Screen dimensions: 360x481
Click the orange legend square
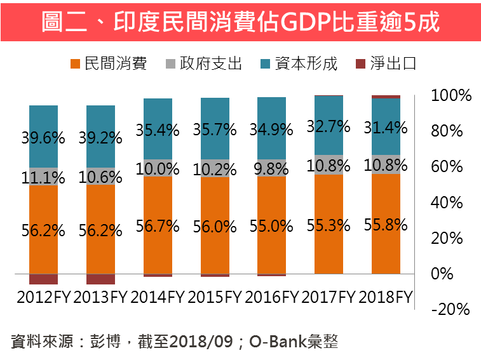point(76,63)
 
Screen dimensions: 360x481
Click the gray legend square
point(170,63)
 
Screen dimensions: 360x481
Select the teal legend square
point(265,63)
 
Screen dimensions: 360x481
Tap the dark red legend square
point(360,63)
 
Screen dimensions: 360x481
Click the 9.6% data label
point(44,137)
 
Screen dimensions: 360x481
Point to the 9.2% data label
point(101,137)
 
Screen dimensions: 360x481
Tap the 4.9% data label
point(272,130)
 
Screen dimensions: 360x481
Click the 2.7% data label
point(329,126)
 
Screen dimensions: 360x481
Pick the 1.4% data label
point(386,128)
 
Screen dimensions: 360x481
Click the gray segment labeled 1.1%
point(44,177)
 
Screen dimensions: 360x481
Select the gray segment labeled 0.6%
point(101,177)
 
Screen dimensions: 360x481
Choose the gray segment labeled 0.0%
point(158,169)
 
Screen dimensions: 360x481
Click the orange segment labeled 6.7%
point(158,225)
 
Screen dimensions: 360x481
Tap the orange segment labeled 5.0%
point(272,225)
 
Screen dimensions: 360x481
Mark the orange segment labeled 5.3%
point(329,225)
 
